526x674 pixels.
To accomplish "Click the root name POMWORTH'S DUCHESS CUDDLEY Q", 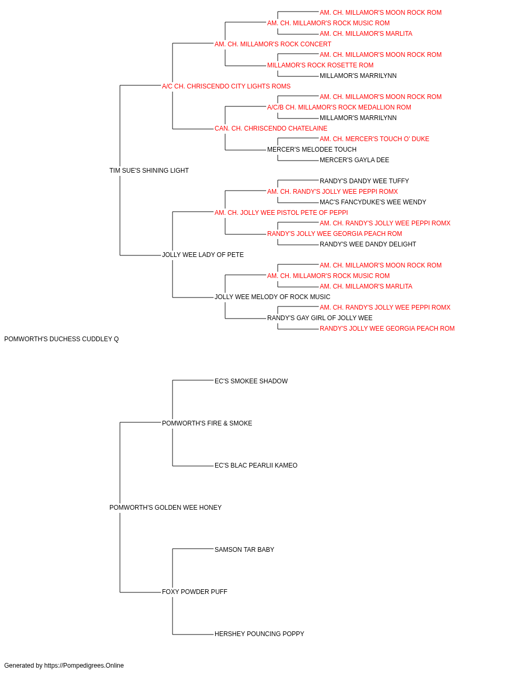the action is click(62, 339).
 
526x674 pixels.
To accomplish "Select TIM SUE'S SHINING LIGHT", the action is click(149, 171).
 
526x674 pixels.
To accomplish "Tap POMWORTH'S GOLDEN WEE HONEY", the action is click(165, 508).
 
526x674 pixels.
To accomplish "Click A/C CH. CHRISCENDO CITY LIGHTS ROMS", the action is click(226, 86).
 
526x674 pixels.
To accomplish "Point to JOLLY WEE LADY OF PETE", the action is click(203, 255).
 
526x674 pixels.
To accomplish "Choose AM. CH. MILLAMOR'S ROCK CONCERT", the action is click(273, 44).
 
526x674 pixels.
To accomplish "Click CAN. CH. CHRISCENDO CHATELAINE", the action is click(271, 128).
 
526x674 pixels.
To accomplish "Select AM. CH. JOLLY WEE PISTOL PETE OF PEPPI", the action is click(281, 212).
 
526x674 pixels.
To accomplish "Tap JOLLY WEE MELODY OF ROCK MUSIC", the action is click(272, 297).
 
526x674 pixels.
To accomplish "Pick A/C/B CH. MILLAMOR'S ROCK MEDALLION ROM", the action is click(339, 107).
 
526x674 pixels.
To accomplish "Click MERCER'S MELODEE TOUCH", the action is click(311, 150).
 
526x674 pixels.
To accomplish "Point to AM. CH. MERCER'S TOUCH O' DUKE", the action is click(374, 139).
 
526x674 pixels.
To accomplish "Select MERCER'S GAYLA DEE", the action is click(354, 160).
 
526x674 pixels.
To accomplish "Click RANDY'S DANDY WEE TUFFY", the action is click(364, 181).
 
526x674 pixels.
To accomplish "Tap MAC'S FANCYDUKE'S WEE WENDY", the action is click(372, 202).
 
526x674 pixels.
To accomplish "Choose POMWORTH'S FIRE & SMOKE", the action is click(207, 423).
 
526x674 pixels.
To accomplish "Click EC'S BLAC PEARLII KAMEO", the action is click(256, 465).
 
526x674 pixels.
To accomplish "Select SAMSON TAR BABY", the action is click(244, 550).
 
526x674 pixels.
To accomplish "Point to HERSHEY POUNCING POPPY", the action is click(259, 633).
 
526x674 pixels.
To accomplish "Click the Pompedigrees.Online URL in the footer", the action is click(84, 666).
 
